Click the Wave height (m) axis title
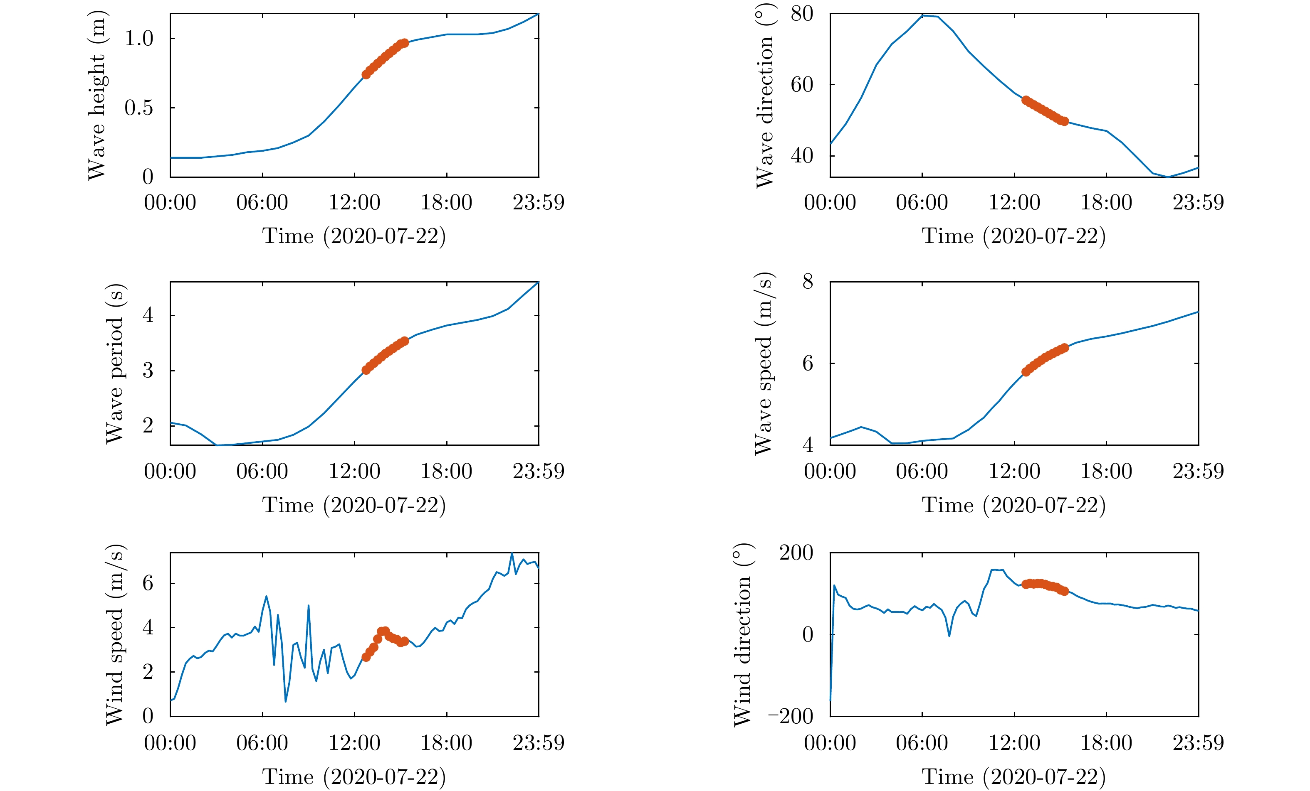coord(97,96)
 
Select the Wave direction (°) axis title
coord(764,96)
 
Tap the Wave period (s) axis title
coord(115,364)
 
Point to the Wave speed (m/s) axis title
coord(764,364)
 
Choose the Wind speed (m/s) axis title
coord(115,635)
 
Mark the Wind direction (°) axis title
coord(742,635)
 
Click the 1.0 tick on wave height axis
coord(139,38)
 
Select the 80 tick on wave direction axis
coord(802,14)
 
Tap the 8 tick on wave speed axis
coord(808,282)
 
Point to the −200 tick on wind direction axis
coord(791,716)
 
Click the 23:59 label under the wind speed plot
coord(538,743)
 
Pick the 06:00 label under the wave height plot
coord(262,202)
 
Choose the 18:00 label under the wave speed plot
coord(1106,471)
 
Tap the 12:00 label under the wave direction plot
coord(1014,202)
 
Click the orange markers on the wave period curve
coord(386,355)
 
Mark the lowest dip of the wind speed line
coord(286,701)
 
